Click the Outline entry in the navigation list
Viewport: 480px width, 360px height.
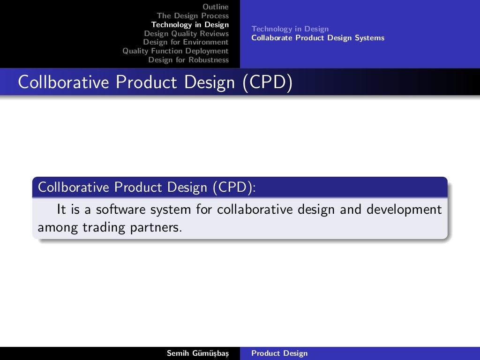tap(216, 7)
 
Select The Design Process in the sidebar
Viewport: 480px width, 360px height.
tap(193, 15)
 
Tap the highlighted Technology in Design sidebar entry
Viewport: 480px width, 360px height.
tap(190, 24)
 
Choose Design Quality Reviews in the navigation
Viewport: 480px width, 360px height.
tap(186, 33)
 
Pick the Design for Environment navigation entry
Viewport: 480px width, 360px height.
tap(186, 42)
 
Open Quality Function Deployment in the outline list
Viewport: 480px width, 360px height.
tap(175, 51)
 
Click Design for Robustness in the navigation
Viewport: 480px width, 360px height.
tap(188, 60)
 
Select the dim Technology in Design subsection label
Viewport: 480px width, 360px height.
tap(290, 29)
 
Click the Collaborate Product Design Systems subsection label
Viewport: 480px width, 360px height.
tap(318, 38)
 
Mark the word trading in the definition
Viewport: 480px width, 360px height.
tap(101, 228)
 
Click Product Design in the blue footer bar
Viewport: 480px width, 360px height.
tap(279, 353)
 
